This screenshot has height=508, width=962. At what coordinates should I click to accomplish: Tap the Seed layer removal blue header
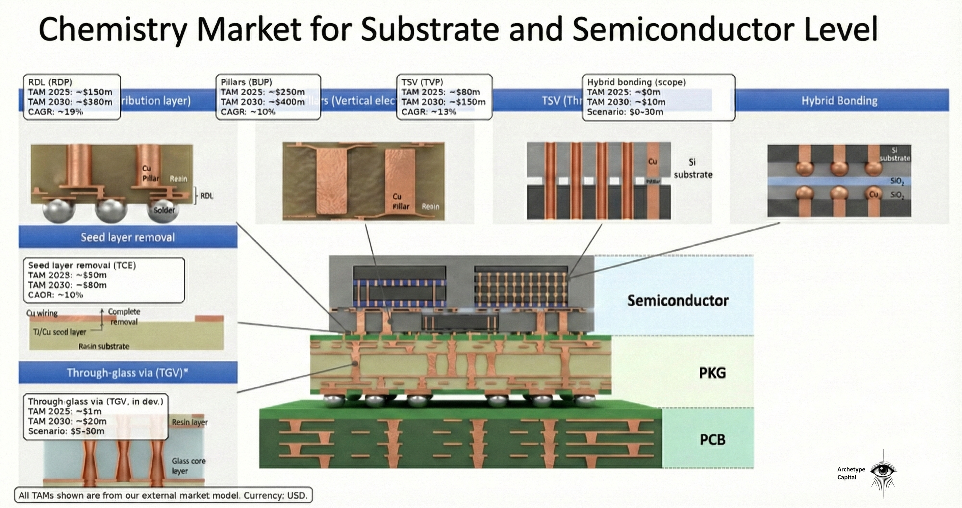coord(128,237)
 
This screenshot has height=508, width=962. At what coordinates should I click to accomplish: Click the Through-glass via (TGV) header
coord(127,373)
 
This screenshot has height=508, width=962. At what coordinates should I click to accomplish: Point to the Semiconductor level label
coord(678,301)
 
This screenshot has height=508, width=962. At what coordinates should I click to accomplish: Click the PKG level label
coord(712,373)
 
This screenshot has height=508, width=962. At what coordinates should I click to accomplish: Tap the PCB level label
coord(712,440)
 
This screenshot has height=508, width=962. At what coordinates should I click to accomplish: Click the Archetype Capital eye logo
coord(883,470)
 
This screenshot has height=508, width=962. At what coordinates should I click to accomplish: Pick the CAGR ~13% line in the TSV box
coord(429,112)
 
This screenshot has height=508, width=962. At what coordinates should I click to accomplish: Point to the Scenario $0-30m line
coord(625,112)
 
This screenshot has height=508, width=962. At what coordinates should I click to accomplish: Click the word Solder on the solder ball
coord(164,210)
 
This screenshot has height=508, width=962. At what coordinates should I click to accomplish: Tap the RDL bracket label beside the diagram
coord(207,196)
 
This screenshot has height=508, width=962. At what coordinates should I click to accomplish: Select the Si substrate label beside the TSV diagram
coord(693,169)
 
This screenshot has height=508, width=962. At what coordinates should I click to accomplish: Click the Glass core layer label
coord(188,466)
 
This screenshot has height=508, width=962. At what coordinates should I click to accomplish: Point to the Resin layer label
coord(189,422)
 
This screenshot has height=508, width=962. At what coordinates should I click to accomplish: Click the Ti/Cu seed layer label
coord(59,332)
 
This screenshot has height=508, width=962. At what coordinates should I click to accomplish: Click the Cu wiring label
coord(42,313)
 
